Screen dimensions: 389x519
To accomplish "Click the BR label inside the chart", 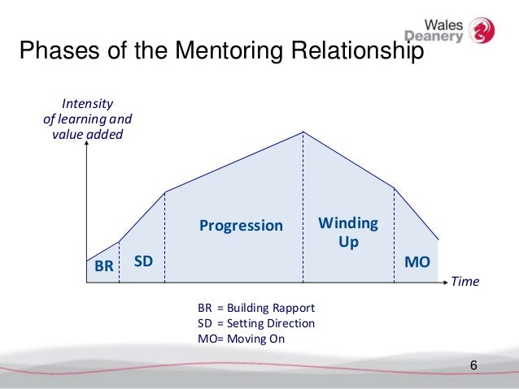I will coord(103,266).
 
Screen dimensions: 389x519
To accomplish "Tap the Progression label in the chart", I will coord(241,225).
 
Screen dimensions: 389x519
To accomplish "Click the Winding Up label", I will coord(347,231).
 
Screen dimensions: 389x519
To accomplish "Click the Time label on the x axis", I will coord(465,283).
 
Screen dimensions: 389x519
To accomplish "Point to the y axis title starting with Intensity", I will coord(86,119).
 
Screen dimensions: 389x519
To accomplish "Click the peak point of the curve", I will coord(303,132).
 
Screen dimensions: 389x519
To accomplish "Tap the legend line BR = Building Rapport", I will coord(255,309).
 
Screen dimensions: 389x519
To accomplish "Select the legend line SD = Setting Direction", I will coord(255,323).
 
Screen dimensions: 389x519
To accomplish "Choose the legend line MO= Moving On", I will coord(242,338).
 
